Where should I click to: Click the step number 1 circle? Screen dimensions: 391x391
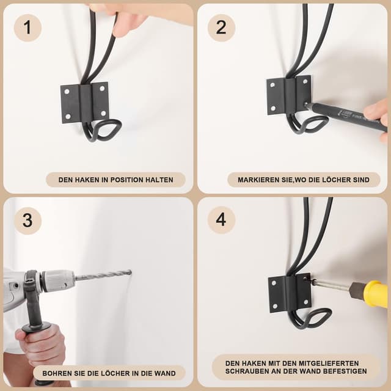27,27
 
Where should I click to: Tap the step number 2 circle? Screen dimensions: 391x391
221,27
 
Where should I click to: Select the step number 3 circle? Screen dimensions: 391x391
27,221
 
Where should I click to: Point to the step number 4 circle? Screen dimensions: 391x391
221,220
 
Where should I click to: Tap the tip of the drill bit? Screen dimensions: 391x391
131,272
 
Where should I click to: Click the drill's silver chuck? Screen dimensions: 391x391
57,280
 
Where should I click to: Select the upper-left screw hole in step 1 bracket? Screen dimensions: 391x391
67,92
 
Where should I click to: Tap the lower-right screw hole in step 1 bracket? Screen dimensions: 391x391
103,114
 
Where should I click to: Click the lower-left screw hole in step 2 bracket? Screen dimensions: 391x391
273,109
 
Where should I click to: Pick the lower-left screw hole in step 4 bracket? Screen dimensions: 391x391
275,306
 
